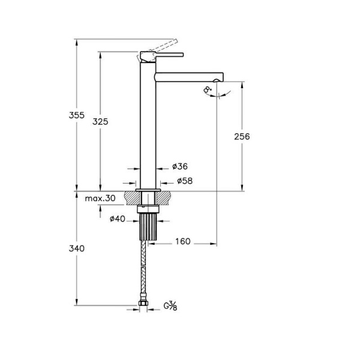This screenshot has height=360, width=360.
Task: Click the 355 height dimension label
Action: click(x=77, y=115)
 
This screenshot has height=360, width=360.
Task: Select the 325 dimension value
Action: click(x=100, y=121)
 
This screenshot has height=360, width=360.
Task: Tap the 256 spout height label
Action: click(x=242, y=137)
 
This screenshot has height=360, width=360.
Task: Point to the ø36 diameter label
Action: click(x=180, y=166)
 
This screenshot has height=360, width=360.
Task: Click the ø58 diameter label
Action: click(x=185, y=181)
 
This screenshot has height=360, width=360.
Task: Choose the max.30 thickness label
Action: click(x=100, y=198)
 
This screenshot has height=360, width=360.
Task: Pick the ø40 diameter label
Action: click(x=118, y=219)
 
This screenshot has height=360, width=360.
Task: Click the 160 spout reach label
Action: click(x=183, y=241)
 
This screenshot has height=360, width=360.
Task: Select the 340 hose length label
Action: click(x=77, y=248)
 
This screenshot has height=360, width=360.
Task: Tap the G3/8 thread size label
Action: click(x=170, y=306)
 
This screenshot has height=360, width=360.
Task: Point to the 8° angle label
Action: click(x=208, y=89)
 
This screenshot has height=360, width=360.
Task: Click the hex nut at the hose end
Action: click(x=143, y=303)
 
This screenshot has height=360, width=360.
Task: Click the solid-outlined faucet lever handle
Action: click(x=162, y=55)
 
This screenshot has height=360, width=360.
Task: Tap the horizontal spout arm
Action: click(x=189, y=77)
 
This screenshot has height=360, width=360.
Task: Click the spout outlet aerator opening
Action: click(x=217, y=80)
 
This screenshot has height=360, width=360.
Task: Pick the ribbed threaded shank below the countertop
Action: click(x=148, y=227)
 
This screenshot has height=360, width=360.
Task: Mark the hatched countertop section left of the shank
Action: click(x=132, y=198)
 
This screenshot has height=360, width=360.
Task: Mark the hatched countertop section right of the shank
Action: click(x=164, y=198)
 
